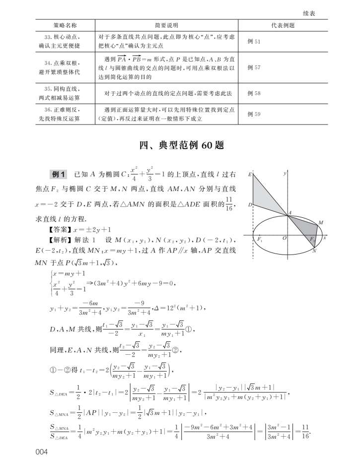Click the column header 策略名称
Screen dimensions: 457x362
(x=65, y=25)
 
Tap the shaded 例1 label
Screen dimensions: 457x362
(x=59, y=174)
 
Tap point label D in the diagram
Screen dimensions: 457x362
(x=249, y=204)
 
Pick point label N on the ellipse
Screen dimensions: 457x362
(x=314, y=251)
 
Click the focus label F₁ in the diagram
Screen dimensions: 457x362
(x=260, y=239)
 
